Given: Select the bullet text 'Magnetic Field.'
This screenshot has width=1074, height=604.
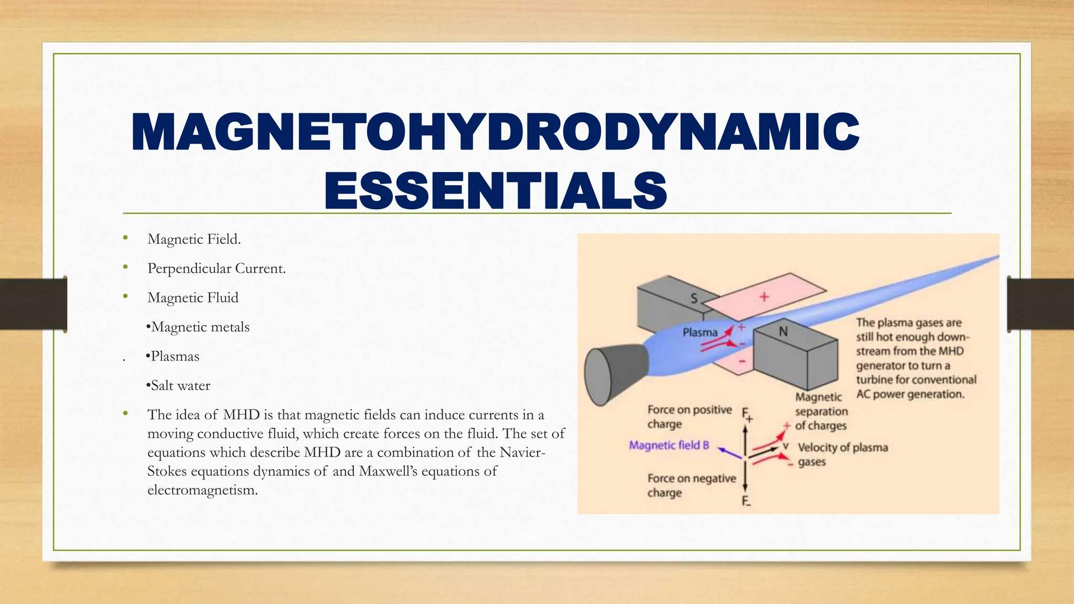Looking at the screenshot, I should [x=194, y=239].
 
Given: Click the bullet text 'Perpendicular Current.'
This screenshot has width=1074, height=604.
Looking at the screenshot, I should [x=216, y=268].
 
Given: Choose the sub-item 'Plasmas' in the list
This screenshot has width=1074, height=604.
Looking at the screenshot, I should [x=175, y=357].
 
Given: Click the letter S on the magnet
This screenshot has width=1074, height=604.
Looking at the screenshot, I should [x=694, y=298].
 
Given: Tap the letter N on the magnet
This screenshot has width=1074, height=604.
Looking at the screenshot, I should [x=783, y=331].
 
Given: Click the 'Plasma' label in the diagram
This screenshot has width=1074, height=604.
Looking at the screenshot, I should [x=700, y=332].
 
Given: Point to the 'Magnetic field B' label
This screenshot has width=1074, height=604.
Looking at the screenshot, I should [x=669, y=445].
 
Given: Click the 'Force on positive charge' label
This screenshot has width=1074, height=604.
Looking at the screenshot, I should [x=689, y=416].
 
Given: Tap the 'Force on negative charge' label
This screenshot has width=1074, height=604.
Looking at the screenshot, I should [x=691, y=485].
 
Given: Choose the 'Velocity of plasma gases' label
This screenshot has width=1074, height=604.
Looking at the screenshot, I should [x=842, y=454].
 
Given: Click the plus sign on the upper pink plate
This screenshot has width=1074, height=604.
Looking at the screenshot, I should [x=764, y=297].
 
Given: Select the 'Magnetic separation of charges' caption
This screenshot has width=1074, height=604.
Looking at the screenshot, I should [x=821, y=412].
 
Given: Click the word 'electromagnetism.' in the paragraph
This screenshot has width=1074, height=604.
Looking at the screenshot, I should [x=202, y=490].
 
